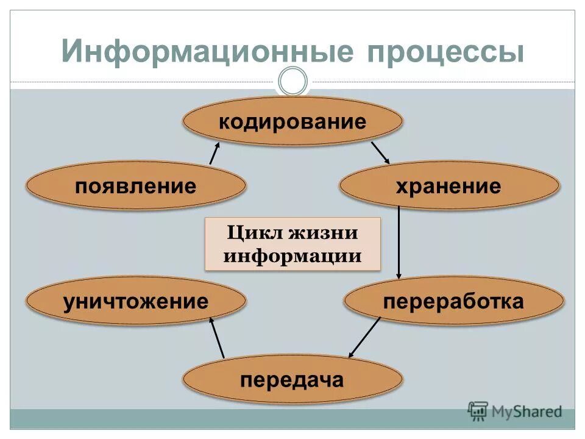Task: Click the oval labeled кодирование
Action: tap(292, 121)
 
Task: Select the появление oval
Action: tap(136, 186)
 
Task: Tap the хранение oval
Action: tap(448, 186)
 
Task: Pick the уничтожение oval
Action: tap(136, 301)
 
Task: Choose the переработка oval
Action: tap(453, 301)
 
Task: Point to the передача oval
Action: tap(292, 380)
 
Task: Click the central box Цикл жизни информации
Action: tap(292, 244)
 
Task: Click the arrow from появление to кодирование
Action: tap(214, 151)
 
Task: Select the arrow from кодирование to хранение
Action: tap(380, 152)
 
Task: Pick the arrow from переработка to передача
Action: tap(364, 337)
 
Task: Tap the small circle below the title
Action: tap(292, 81)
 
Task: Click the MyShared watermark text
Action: tap(526, 412)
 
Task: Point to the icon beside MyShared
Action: tap(478, 411)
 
